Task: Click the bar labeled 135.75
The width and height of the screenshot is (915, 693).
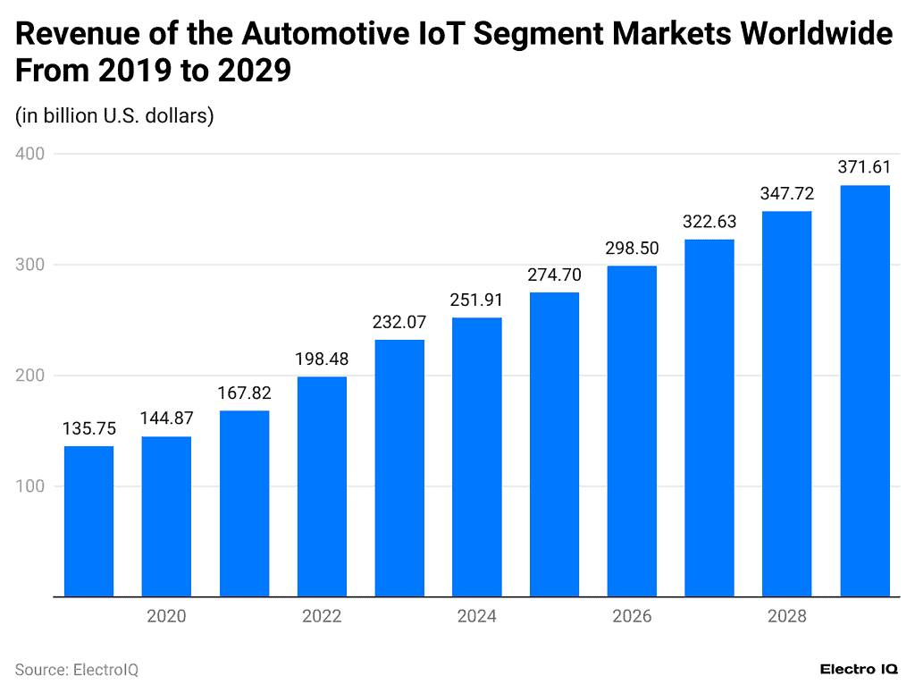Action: pyautogui.click(x=88, y=520)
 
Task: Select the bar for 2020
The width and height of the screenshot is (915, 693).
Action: pyautogui.click(x=166, y=516)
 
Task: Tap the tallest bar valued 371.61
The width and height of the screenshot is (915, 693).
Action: pyautogui.click(x=865, y=391)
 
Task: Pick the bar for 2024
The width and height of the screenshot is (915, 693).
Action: pyautogui.click(x=476, y=457)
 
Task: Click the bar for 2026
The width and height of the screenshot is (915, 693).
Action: pyautogui.click(x=632, y=431)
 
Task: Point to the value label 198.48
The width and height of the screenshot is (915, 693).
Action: pyautogui.click(x=322, y=359)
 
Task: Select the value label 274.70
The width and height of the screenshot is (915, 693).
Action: pyautogui.click(x=554, y=275)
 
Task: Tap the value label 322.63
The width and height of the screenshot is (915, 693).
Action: pyautogui.click(x=709, y=222)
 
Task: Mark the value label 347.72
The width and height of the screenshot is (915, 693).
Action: pyautogui.click(x=787, y=194)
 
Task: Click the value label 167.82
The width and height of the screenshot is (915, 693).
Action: pyautogui.click(x=244, y=393)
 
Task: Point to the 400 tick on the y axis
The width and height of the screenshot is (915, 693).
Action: pyautogui.click(x=31, y=154)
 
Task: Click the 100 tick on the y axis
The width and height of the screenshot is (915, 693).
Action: pyautogui.click(x=31, y=486)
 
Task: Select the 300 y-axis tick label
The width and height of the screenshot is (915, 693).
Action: pyautogui.click(x=31, y=265)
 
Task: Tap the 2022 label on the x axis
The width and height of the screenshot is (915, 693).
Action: pyautogui.click(x=322, y=617)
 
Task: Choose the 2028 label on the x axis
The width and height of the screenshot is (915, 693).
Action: pyautogui.click(x=786, y=617)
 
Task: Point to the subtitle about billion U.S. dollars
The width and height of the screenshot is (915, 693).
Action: pyautogui.click(x=113, y=115)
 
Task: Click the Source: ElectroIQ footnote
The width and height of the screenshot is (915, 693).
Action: pyautogui.click(x=77, y=669)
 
